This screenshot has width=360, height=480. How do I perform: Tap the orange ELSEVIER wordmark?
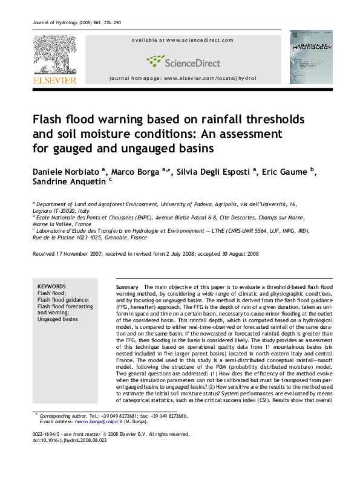coord(54,79)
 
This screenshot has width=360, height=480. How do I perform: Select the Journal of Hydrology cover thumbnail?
coord(310,57)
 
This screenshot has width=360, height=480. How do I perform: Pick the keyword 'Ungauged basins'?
coord(57,319)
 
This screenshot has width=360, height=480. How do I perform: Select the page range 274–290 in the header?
coord(111,23)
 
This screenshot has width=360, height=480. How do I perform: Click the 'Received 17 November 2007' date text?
coord(67,254)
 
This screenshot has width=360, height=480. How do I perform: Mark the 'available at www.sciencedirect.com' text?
coord(183,40)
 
